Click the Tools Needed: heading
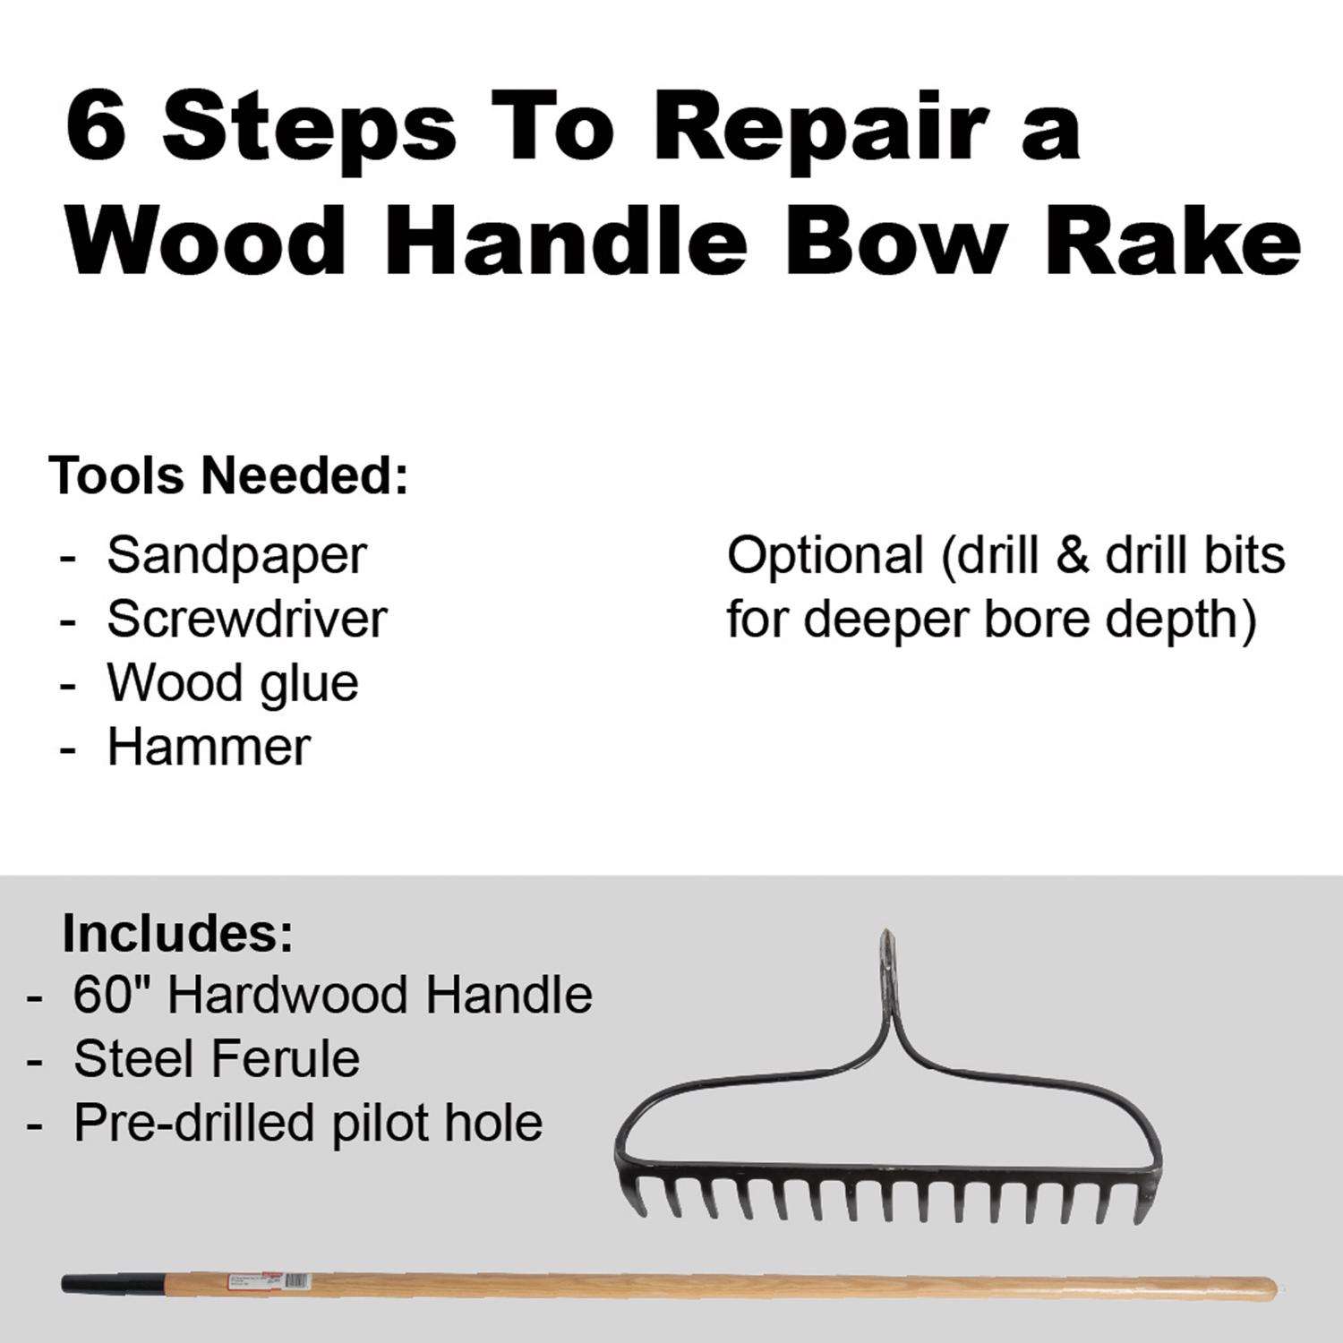[x=229, y=475]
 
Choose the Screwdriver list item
[x=247, y=619]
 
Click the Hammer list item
[x=209, y=747]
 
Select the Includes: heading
[x=177, y=934]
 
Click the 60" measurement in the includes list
[x=114, y=995]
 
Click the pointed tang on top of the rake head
[x=883, y=967]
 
